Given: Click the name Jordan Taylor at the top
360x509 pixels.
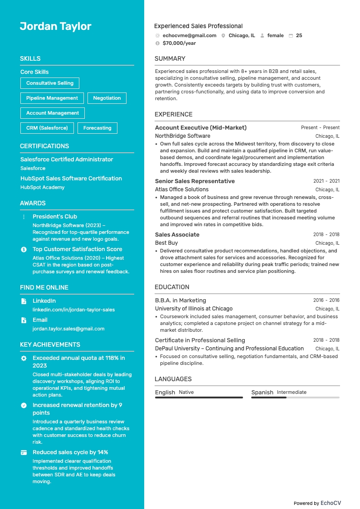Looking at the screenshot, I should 55,26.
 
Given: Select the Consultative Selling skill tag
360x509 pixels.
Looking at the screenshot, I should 50,83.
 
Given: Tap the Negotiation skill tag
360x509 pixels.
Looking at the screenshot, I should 107,98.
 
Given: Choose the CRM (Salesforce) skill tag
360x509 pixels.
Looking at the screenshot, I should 47,128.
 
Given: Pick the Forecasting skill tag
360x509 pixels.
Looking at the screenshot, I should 97,128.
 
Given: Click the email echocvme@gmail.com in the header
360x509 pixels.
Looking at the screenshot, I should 189,35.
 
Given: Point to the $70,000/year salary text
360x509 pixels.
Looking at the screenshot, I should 179,43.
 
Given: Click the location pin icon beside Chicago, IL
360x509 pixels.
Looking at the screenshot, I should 224,35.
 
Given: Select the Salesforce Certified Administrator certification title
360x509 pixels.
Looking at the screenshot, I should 67,160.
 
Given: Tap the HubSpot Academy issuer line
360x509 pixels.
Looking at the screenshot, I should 43,187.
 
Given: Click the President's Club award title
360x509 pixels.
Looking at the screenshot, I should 55,217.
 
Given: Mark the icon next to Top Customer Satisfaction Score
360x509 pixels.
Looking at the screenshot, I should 24,249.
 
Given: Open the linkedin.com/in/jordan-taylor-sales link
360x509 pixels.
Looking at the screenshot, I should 73,310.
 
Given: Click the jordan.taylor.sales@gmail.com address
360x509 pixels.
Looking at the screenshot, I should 68,329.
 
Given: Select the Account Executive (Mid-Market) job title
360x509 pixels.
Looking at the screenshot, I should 201,128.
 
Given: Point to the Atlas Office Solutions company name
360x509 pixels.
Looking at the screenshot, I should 182,189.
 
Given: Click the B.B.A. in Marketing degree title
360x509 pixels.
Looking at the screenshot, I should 180,301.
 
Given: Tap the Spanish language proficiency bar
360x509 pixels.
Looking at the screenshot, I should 295,398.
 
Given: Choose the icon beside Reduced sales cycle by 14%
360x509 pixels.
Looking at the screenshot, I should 24,452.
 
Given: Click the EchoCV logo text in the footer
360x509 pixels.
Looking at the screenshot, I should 331,503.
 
